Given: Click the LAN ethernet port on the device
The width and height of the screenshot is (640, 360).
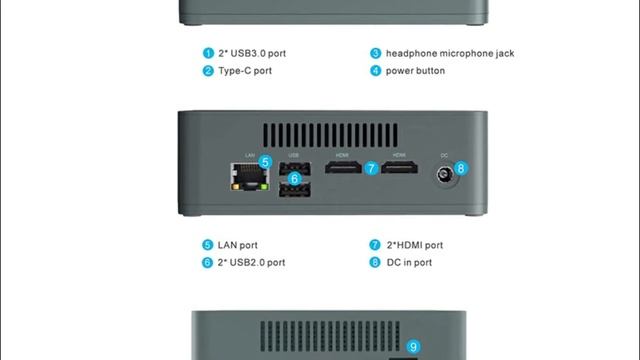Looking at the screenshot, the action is point(249,176).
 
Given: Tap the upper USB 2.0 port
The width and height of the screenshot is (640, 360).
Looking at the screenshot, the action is point(295,168).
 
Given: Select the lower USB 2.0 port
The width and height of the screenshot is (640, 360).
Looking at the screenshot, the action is point(295,190).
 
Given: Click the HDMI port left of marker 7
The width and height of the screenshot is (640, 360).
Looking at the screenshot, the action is point(343,167).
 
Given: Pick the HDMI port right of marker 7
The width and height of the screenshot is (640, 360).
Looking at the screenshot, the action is point(399,167).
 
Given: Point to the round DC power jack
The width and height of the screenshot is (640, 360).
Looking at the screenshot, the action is point(444,175).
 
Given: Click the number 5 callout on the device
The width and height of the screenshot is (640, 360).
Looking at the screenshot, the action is point(265,162).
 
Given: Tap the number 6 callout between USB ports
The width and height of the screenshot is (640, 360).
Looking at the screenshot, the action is point(294,179).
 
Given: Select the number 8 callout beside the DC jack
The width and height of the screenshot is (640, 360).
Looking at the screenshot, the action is point(461,168).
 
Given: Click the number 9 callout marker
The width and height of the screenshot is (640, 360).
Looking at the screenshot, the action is point(413,347).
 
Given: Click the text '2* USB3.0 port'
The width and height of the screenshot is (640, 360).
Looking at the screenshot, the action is point(252,53).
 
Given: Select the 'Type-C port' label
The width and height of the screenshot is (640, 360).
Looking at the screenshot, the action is point(245,71).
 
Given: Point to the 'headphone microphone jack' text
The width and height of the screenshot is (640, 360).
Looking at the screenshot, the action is point(450,53).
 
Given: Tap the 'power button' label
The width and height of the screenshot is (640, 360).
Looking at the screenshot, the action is point(415,71).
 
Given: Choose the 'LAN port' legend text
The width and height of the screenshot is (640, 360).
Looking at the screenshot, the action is point(238,245).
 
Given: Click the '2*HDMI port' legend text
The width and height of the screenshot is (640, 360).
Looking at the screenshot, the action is point(415,245).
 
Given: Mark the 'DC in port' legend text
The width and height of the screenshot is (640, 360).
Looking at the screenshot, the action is point(409,262).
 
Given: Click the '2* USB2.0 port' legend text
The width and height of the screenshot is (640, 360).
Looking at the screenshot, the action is point(251,262).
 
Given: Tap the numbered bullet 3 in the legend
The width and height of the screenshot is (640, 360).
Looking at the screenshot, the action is point(376,53).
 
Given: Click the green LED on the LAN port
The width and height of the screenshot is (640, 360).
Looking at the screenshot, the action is point(264,187).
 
